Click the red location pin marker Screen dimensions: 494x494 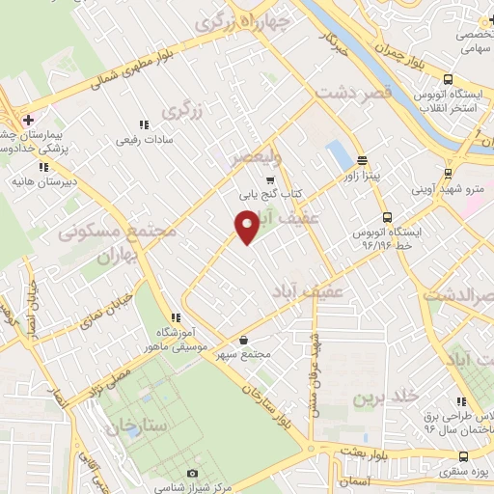(247, 227)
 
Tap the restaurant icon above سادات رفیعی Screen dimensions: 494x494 (144, 124)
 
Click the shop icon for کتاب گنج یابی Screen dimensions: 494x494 (270, 178)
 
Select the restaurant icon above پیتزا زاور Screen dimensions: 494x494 (362, 161)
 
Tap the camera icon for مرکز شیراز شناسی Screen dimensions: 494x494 (192, 474)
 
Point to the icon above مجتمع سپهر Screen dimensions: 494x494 (243, 340)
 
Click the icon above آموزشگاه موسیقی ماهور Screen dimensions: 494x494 (175, 317)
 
